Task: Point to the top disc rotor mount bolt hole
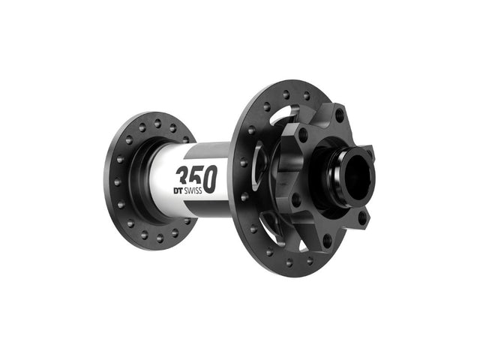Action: pyautogui.click(x=339, y=115)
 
